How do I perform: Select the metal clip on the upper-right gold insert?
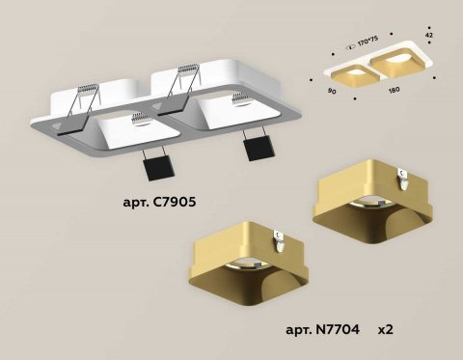[x=404, y=175]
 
